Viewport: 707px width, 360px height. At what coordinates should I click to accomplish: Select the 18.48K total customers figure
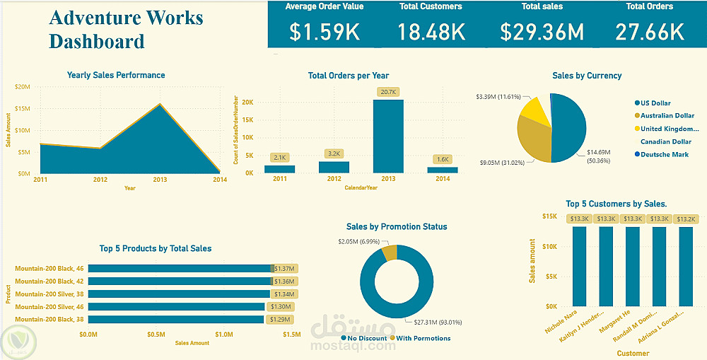pos(431,32)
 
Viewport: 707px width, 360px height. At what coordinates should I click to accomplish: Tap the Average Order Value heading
pos(324,6)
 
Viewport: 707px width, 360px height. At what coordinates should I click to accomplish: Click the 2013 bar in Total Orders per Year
pos(388,136)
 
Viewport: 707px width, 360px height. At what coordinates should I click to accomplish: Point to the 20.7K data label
pos(389,92)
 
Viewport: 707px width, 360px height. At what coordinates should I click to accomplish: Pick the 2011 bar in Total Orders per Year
pos(279,169)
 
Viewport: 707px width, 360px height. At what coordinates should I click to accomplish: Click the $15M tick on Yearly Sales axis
pos(21,108)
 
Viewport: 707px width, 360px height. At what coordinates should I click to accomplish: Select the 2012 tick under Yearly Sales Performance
pos(100,180)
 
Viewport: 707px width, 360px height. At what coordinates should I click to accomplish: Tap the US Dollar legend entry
pos(656,103)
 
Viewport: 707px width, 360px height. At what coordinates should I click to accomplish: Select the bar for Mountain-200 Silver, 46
pos(177,307)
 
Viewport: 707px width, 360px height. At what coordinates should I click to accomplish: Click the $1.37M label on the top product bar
pos(285,269)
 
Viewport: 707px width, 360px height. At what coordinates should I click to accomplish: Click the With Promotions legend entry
pos(422,338)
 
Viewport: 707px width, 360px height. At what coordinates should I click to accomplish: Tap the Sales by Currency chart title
pos(587,76)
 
